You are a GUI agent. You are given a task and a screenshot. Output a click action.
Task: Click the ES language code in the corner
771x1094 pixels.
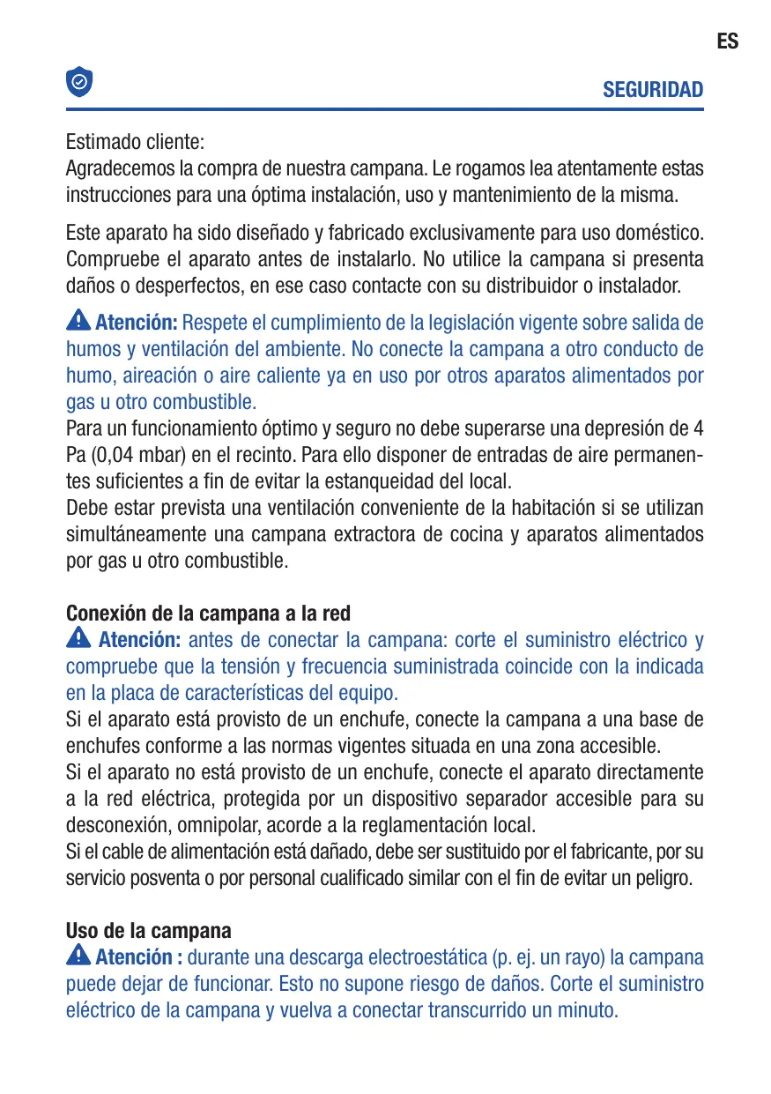[727, 41]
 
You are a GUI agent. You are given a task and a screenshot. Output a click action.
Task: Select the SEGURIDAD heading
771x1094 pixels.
[653, 90]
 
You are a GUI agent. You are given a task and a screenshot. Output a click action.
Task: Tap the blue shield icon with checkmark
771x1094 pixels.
[79, 82]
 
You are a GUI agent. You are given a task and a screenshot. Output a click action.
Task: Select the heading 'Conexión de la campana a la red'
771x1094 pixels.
[208, 613]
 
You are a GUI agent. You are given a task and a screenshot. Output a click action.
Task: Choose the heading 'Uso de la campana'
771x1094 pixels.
[149, 931]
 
